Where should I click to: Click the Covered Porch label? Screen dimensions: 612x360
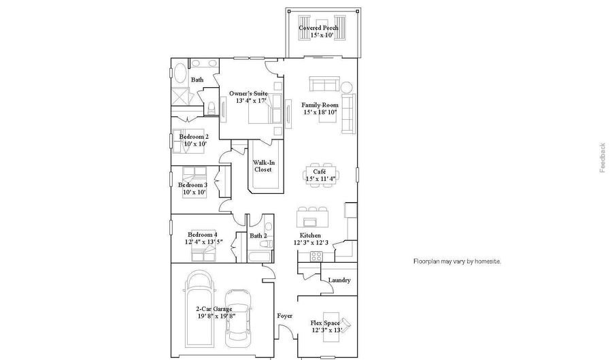click(x=318, y=28)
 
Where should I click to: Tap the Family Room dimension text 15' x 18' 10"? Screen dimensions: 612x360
click(x=320, y=112)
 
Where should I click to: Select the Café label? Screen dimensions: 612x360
click(x=320, y=171)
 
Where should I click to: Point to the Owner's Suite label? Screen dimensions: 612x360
click(x=248, y=93)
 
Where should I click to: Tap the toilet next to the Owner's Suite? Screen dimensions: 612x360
click(x=211, y=108)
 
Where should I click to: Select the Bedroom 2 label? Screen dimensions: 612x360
click(x=194, y=137)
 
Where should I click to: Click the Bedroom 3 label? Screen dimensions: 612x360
click(x=193, y=185)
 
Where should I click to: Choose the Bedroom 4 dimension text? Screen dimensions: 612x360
click(x=204, y=242)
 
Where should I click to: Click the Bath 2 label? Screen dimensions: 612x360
click(x=258, y=235)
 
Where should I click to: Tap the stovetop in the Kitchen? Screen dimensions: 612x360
click(x=316, y=257)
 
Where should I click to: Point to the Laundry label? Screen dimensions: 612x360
click(x=339, y=280)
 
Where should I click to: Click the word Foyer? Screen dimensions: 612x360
click(x=284, y=316)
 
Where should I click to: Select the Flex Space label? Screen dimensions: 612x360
click(x=325, y=323)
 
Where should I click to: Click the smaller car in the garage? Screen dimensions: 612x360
click(x=239, y=317)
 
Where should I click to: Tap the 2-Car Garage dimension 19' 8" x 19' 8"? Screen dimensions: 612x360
click(x=216, y=316)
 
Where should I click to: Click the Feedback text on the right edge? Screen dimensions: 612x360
click(x=602, y=158)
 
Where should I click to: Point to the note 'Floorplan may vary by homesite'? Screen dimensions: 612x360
click(x=457, y=261)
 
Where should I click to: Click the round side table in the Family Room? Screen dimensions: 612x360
click(x=347, y=86)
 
